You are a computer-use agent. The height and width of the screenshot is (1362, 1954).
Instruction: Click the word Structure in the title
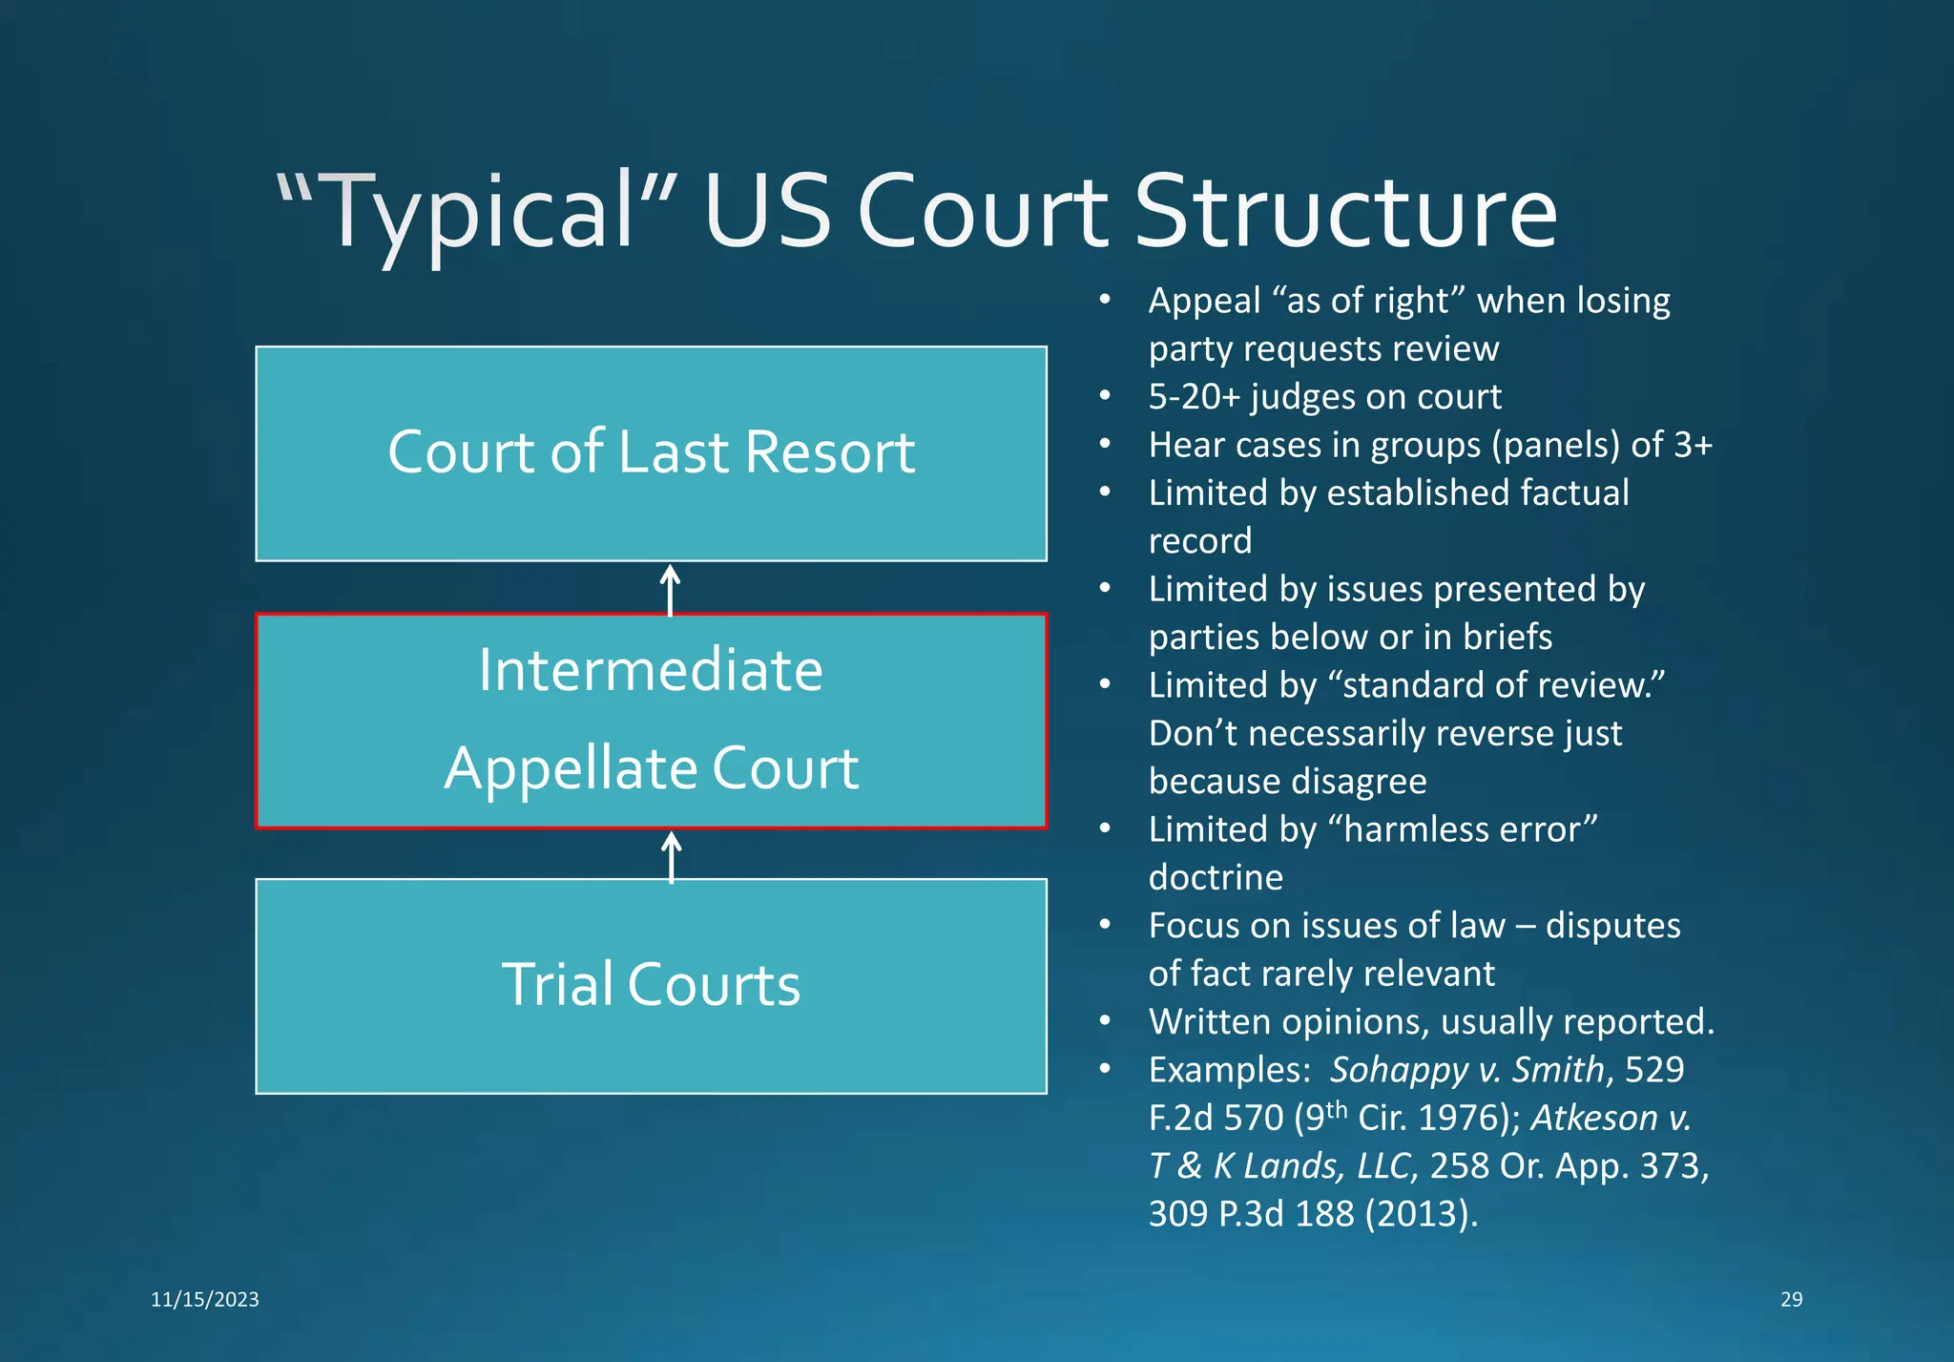pos(1345,212)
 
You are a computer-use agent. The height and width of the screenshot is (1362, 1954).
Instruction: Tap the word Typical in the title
pos(477,212)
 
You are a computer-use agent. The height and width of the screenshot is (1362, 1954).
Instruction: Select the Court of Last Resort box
pos(651,453)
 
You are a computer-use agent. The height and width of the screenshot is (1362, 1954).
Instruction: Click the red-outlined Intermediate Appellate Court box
pos(651,720)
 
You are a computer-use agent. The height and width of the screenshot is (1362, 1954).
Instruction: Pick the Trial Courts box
pos(651,985)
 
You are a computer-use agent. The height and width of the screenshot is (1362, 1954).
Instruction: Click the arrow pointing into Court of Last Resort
pos(671,589)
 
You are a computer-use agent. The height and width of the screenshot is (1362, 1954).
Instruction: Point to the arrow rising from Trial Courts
pos(671,855)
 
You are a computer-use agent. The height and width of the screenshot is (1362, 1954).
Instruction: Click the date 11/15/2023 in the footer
pos(205,1299)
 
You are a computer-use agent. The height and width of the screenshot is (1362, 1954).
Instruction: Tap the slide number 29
pos(1791,1299)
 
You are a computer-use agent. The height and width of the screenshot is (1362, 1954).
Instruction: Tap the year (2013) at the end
pos(1421,1214)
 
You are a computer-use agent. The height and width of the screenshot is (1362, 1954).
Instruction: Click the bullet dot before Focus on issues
pos(1105,925)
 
